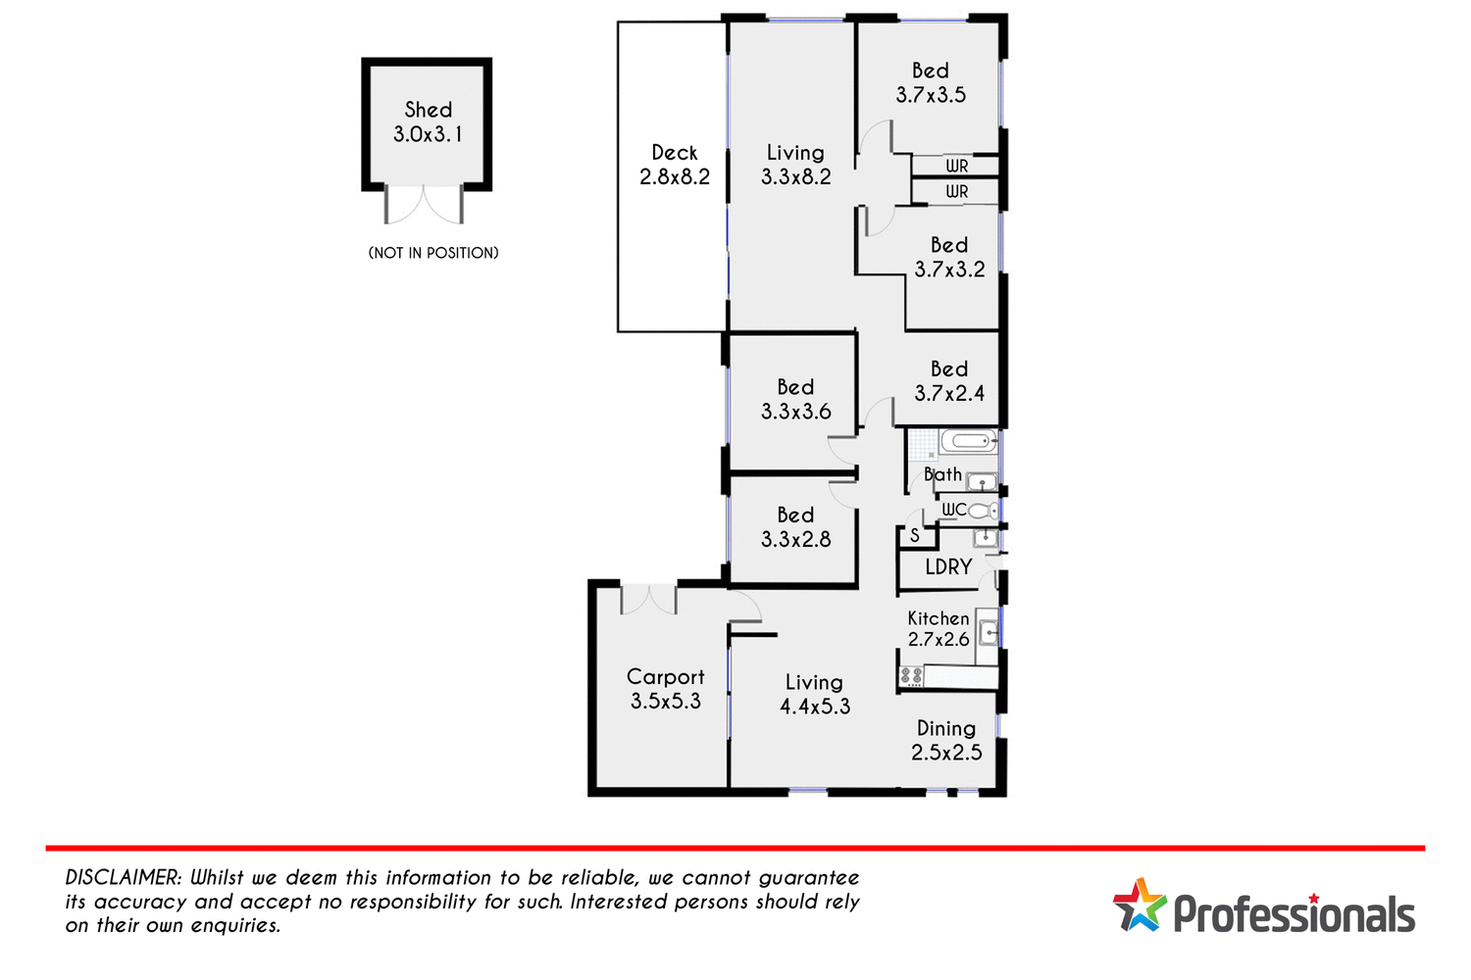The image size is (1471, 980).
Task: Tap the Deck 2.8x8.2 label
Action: pyautogui.click(x=675, y=165)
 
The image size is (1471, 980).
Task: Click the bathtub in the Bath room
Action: pyautogui.click(x=969, y=442)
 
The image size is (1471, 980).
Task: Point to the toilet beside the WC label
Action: pyautogui.click(x=984, y=511)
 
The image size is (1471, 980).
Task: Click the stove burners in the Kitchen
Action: pyautogui.click(x=911, y=676)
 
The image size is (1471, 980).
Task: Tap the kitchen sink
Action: pyautogui.click(x=989, y=632)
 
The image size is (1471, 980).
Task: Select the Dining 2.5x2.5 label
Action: pyautogui.click(x=946, y=741)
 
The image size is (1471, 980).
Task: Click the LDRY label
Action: pyautogui.click(x=948, y=567)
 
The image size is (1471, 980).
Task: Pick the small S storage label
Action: pyautogui.click(x=915, y=536)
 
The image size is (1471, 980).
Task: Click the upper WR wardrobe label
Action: pyautogui.click(x=957, y=167)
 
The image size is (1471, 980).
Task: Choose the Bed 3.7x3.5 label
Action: pyautogui.click(x=931, y=83)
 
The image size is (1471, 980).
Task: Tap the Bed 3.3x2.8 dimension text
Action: pyautogui.click(x=796, y=540)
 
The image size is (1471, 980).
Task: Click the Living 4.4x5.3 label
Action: pyautogui.click(x=815, y=694)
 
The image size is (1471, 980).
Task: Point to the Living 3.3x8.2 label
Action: pyautogui.click(x=796, y=165)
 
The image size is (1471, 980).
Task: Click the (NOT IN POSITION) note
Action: pyautogui.click(x=433, y=253)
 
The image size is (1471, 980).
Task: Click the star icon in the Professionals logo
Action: pyautogui.click(x=1139, y=905)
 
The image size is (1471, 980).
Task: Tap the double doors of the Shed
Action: pyautogui.click(x=425, y=205)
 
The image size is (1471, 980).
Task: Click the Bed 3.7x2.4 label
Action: pyautogui.click(x=949, y=381)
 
